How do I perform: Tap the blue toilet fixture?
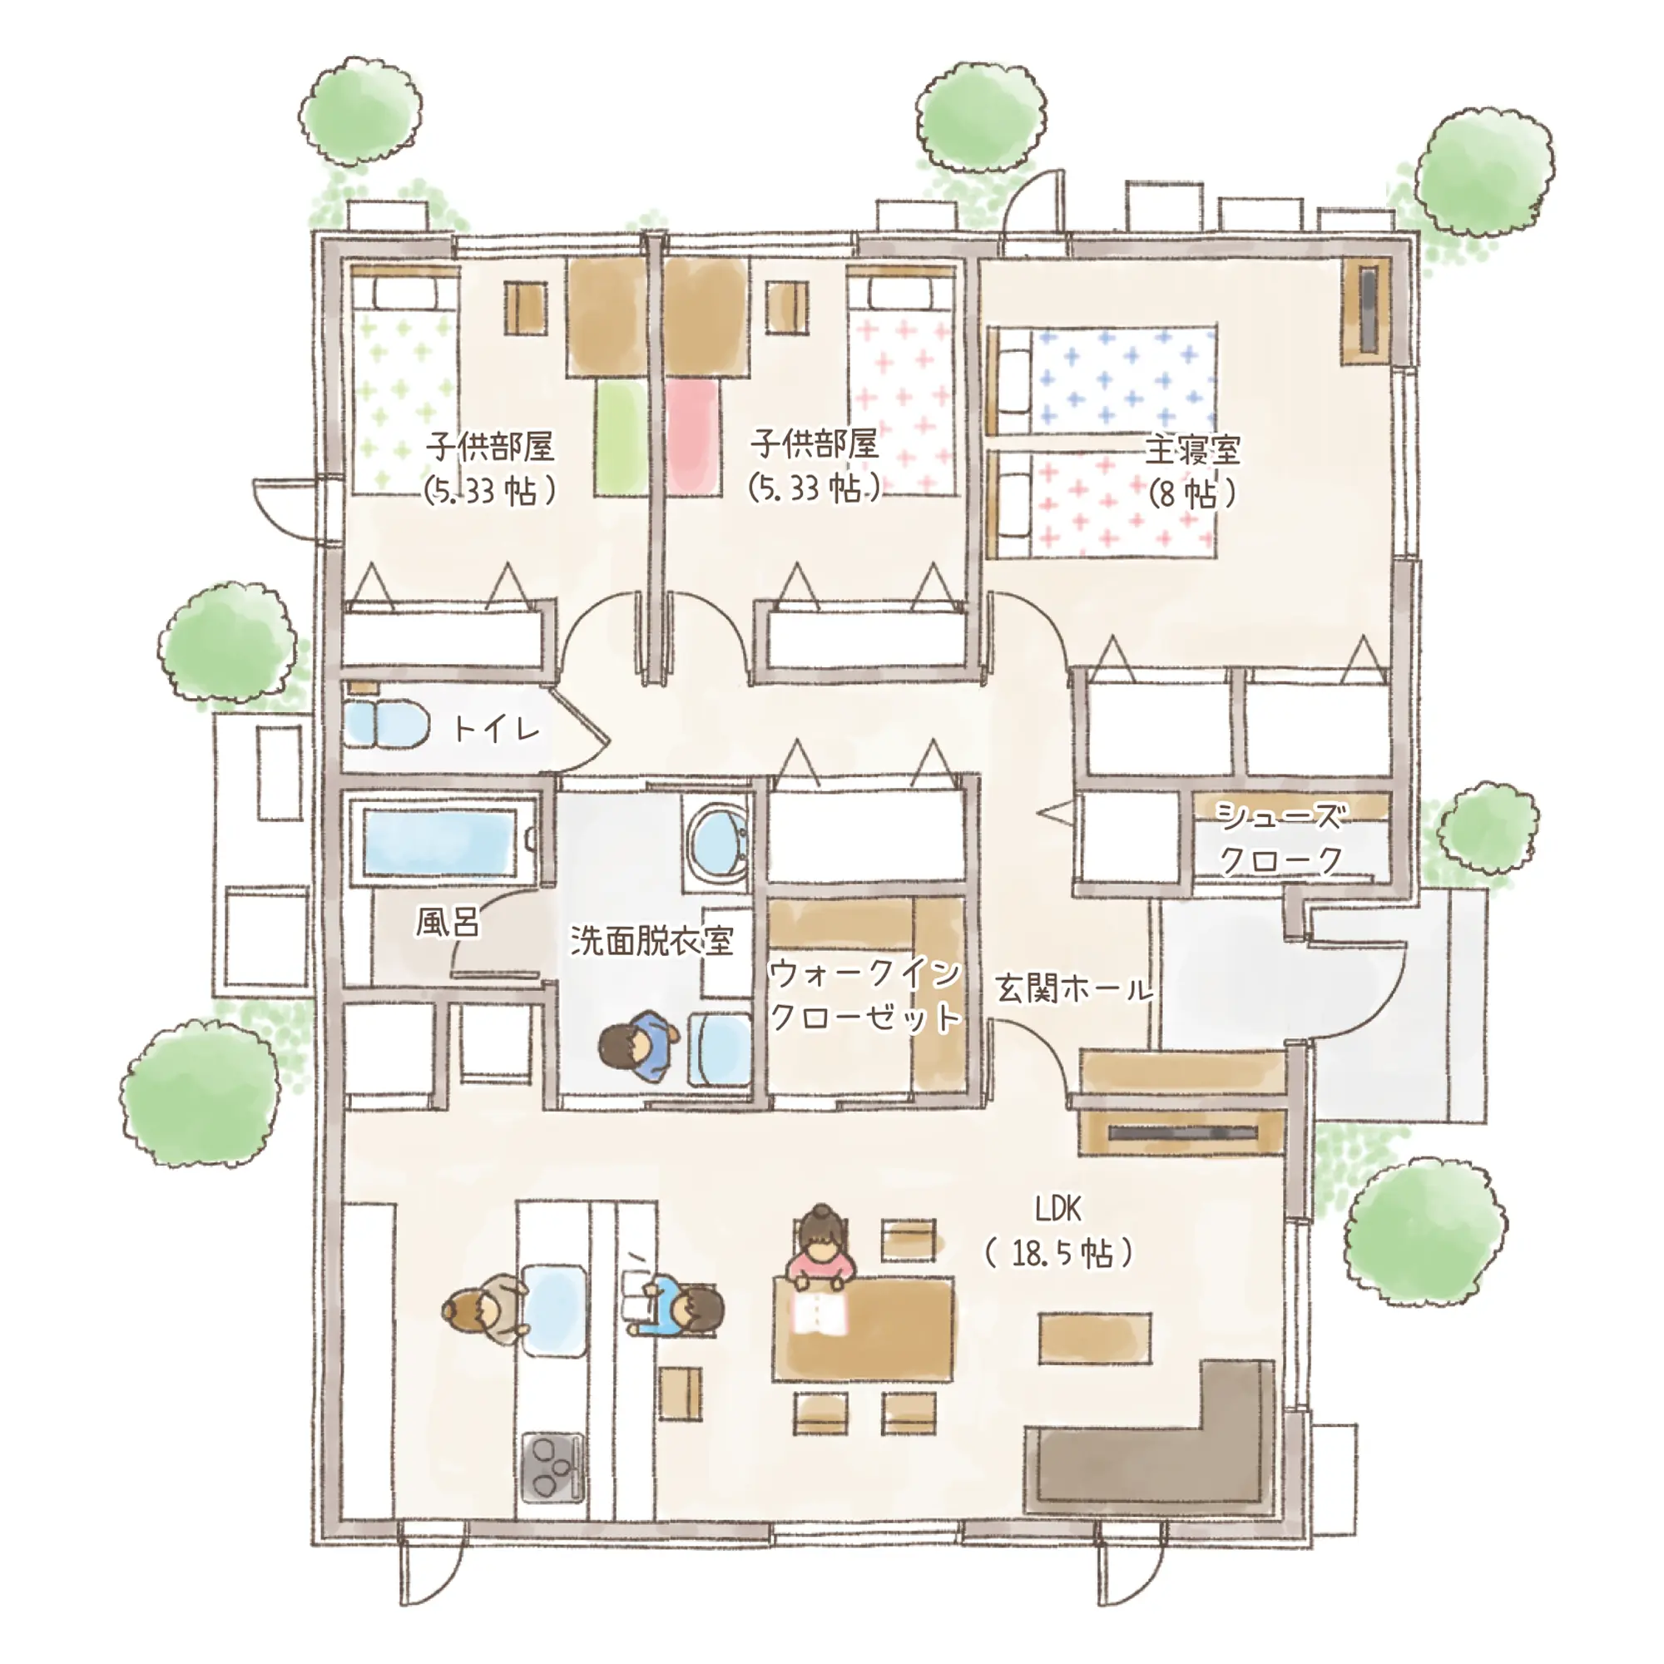coord(387,725)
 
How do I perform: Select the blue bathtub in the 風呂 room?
coord(439,839)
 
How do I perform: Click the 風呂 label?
coord(447,922)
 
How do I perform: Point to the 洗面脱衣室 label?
coord(652,940)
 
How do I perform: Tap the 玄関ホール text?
coord(1073,988)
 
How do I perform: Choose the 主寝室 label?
coord(1192,450)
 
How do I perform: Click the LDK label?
coord(1057,1209)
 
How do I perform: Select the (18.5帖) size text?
coord(1059,1253)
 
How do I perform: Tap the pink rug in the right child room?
coord(692,438)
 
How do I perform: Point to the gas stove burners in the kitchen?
coord(552,1465)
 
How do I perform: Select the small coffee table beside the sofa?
coord(1095,1339)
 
